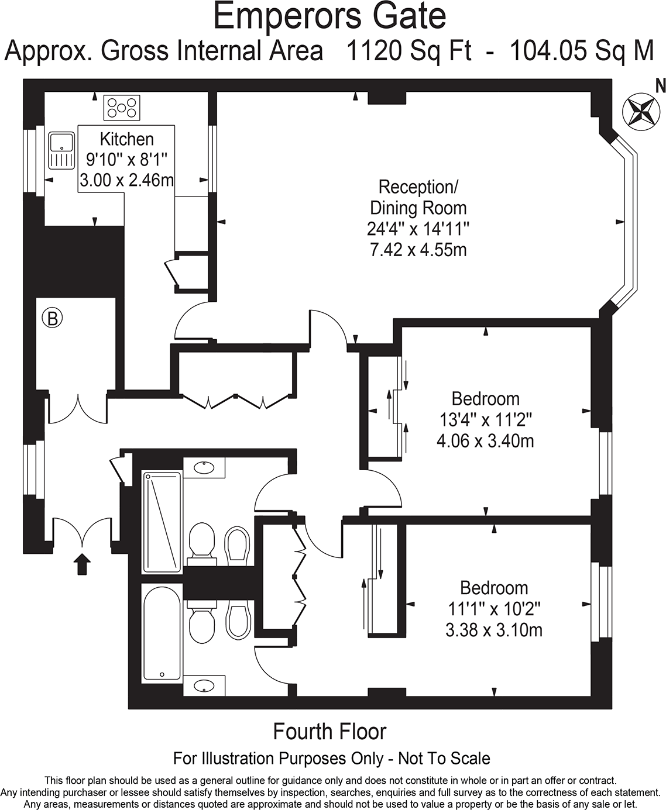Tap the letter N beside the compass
660,87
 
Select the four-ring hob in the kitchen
122,108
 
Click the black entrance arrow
83,564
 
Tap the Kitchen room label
126,139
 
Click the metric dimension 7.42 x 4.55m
418,250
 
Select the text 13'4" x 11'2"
485,419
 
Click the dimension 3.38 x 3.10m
493,630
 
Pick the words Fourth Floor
330,732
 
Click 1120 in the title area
374,51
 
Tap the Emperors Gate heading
329,16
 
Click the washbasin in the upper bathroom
204,468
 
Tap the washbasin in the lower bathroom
204,685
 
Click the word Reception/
418,187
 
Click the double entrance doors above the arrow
83,532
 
